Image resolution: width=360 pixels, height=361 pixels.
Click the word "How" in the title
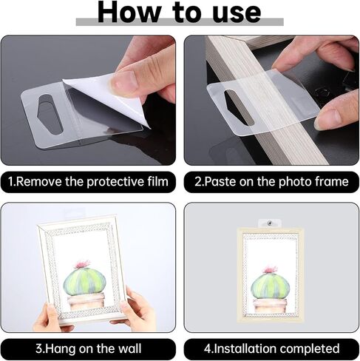click(x=129, y=12)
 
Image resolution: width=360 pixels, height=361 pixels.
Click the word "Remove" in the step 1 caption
click(x=38, y=181)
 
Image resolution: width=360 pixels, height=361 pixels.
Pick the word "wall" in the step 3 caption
click(x=130, y=348)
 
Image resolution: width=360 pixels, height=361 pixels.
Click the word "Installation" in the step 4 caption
click(x=244, y=348)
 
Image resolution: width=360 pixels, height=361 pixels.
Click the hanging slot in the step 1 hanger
click(x=49, y=114)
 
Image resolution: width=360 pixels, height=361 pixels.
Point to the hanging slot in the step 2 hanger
click(x=238, y=106)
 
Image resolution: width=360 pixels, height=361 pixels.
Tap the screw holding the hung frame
click(x=270, y=223)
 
